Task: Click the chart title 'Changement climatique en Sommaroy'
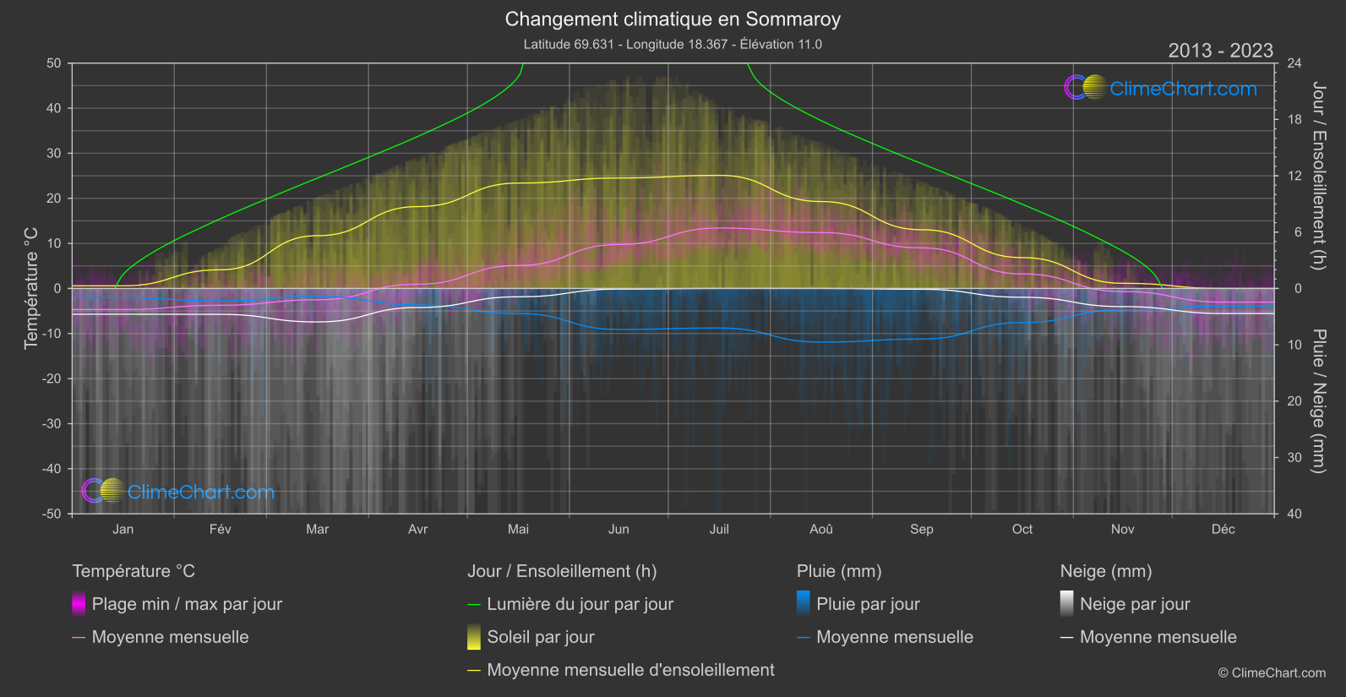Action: coord(673,19)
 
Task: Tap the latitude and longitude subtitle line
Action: coord(673,44)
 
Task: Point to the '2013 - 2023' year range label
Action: coord(1220,51)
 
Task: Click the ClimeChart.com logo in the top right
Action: coord(1160,88)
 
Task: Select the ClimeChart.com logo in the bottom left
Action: coord(178,491)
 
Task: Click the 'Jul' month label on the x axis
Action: coord(719,529)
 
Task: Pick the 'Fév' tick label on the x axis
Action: coord(220,529)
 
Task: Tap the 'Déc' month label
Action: coord(1223,529)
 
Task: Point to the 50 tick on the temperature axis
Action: coord(54,63)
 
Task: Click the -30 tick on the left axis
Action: coord(52,423)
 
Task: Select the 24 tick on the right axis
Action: coord(1294,63)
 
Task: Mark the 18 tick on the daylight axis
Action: coord(1294,120)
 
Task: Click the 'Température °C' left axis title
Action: coord(31,287)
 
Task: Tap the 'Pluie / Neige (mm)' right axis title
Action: coord(1318,401)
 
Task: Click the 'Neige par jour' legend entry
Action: coord(1134,604)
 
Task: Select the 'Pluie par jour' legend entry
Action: coord(867,604)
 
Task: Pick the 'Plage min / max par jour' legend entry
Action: coord(186,604)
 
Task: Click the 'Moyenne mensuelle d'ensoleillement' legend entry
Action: coord(630,670)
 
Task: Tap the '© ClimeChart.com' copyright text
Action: coord(1272,672)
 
